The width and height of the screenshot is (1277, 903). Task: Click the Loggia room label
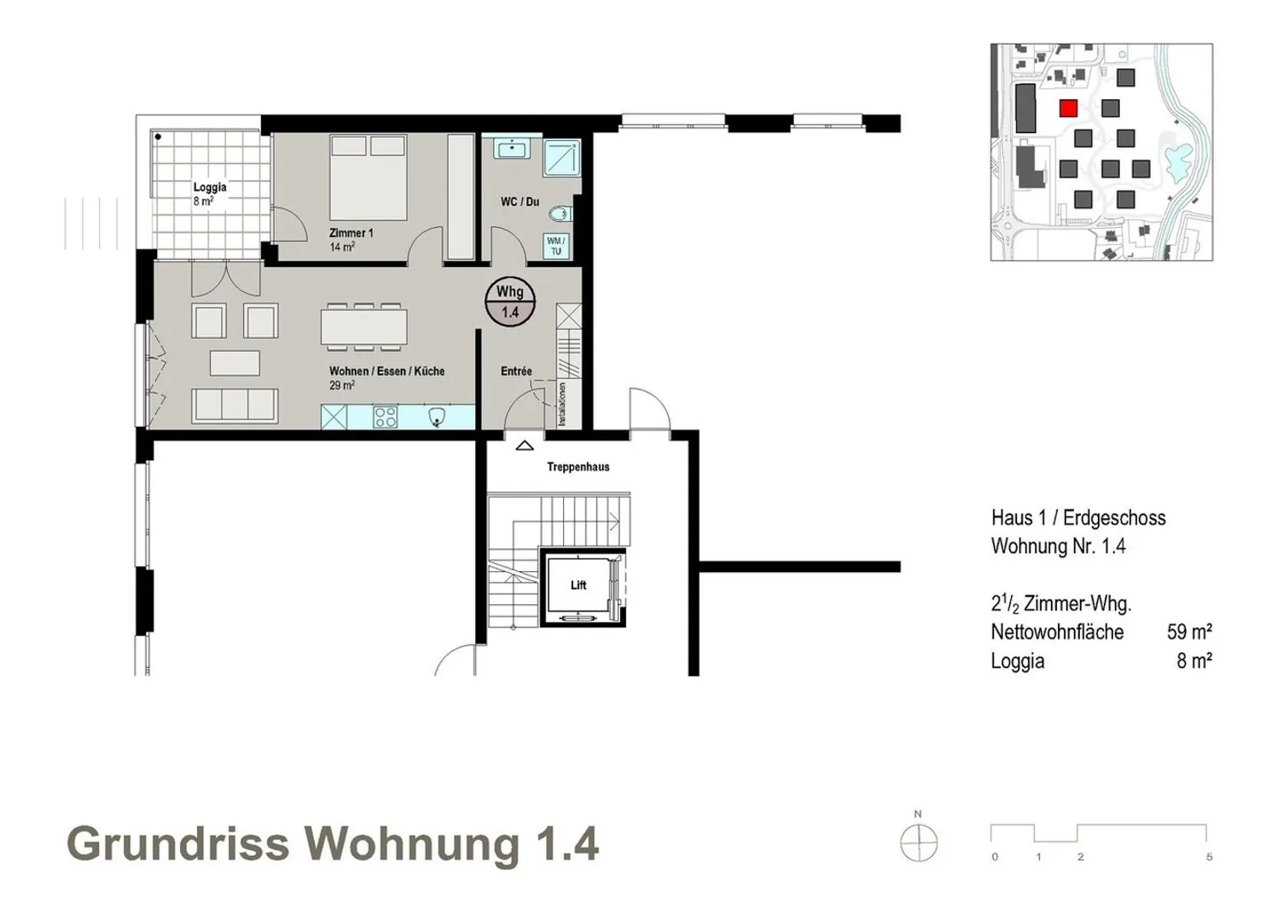(210, 187)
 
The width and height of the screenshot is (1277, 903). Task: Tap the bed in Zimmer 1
(368, 177)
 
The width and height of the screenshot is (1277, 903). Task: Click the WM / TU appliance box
(556, 246)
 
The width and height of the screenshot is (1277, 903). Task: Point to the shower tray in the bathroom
(561, 157)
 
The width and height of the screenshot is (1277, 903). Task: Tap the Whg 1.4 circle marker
(510, 302)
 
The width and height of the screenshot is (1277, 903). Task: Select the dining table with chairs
(364, 326)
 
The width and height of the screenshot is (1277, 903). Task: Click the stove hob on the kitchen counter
(386, 417)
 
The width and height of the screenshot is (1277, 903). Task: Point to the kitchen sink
(436, 417)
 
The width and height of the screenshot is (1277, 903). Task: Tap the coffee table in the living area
(235, 364)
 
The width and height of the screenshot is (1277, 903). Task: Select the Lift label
(578, 585)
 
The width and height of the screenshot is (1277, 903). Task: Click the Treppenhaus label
(578, 467)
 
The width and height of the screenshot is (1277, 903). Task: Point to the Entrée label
(516, 371)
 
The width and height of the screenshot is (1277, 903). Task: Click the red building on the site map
(1068, 108)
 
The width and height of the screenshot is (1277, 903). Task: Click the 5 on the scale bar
(1210, 857)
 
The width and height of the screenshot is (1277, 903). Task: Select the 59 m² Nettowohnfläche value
(1189, 632)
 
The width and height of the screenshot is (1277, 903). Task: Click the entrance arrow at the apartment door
(524, 446)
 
